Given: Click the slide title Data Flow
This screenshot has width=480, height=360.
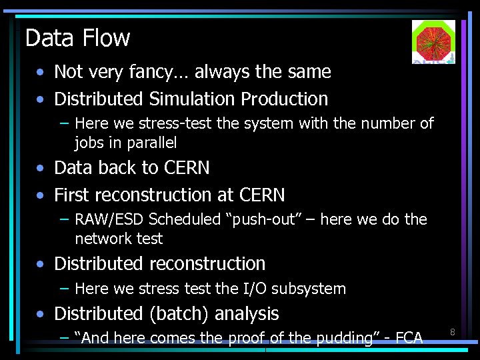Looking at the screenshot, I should click(x=77, y=38).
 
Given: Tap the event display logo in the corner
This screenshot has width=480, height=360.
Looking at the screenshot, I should click(x=433, y=41).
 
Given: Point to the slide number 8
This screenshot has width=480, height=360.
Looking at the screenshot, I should click(x=452, y=332).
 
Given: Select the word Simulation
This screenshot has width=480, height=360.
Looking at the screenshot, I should click(x=192, y=99).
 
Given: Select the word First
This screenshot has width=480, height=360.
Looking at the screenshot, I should click(x=73, y=195).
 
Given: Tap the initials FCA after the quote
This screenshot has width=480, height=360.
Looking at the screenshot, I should click(x=409, y=338).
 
